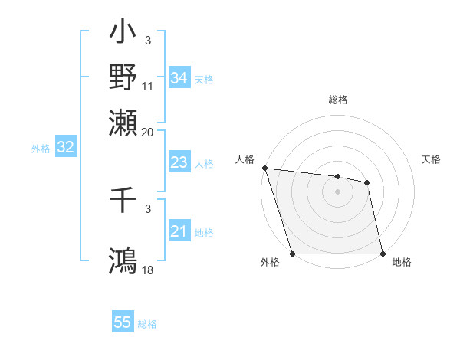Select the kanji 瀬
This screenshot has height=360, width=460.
pos(123,122)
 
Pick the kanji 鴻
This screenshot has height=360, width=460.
pos(123,260)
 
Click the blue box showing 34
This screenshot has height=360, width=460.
pos(179,78)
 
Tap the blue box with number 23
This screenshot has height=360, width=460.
pos(179,162)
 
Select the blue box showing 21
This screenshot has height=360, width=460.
pos(179,232)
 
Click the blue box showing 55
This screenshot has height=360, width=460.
pos(123,322)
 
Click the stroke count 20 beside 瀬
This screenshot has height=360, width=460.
pos(148,132)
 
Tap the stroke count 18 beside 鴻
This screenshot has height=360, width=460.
pos(148,270)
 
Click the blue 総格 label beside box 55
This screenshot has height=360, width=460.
pos(147,324)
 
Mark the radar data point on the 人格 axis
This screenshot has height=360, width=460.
pos(264,168)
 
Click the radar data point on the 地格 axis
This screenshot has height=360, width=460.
pos(383,254)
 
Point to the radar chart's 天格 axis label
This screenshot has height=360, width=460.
pos(431,159)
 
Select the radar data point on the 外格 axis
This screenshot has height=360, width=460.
pos(292,254)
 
